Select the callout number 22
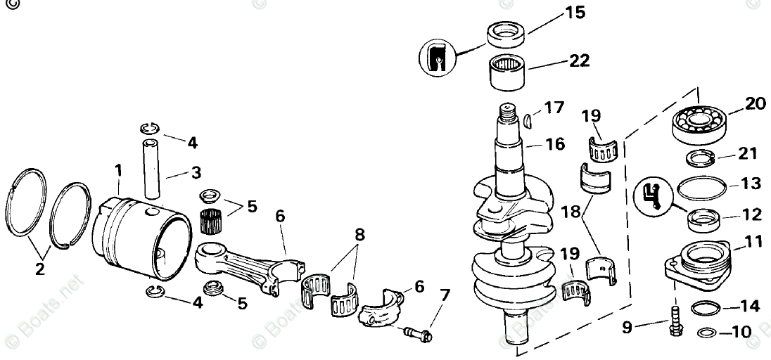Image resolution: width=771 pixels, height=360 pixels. pos(579,62)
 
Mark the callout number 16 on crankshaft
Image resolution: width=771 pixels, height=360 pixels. pos(554,144)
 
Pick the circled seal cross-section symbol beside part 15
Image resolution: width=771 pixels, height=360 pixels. pos(436,57)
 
